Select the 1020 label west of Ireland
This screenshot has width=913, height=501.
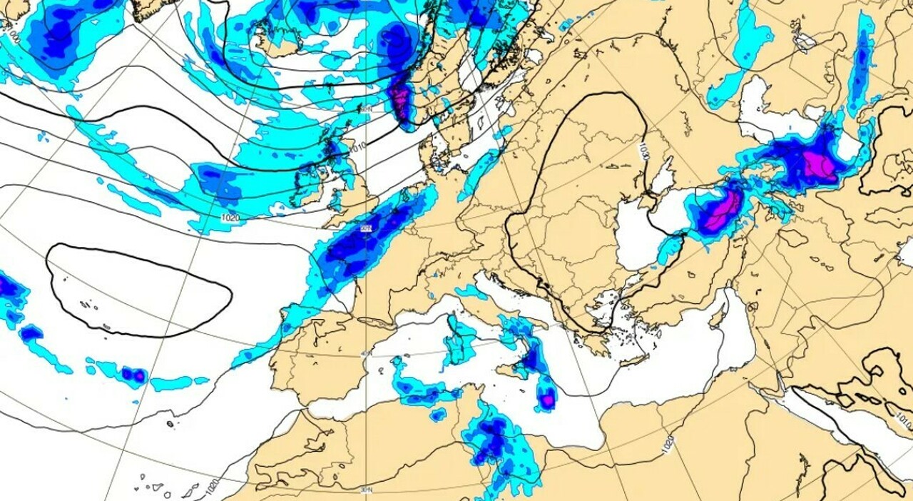[230, 218]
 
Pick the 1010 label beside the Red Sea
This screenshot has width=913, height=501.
[901, 419]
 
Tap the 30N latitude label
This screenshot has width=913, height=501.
[366, 490]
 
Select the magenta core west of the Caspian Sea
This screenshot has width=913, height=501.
[813, 166]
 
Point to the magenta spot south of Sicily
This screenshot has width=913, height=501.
[547, 401]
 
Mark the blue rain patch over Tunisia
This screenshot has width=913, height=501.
[492, 437]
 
